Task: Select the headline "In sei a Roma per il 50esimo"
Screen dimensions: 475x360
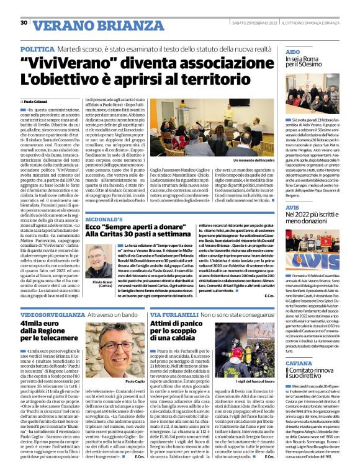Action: click(x=312, y=61)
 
